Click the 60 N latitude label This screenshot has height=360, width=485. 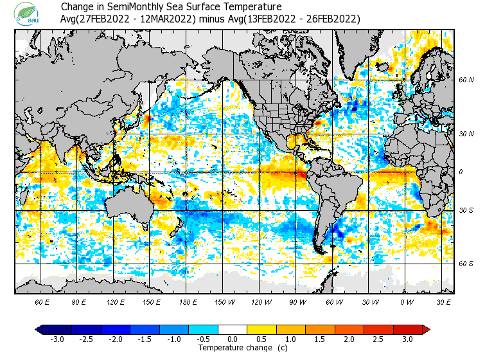[x=466, y=80]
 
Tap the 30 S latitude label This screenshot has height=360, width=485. [x=466, y=211]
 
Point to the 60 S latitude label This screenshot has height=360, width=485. [x=466, y=264]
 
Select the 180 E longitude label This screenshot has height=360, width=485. [x=188, y=301]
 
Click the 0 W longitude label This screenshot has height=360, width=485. [x=407, y=301]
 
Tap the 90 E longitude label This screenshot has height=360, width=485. [x=79, y=301]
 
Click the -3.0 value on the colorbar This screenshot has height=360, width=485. [x=57, y=339]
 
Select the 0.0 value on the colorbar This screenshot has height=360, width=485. [x=233, y=339]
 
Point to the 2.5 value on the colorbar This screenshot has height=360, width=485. [x=378, y=339]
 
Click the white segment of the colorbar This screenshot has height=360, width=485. [x=233, y=330]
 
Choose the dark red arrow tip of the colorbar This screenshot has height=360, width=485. [x=426, y=330]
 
